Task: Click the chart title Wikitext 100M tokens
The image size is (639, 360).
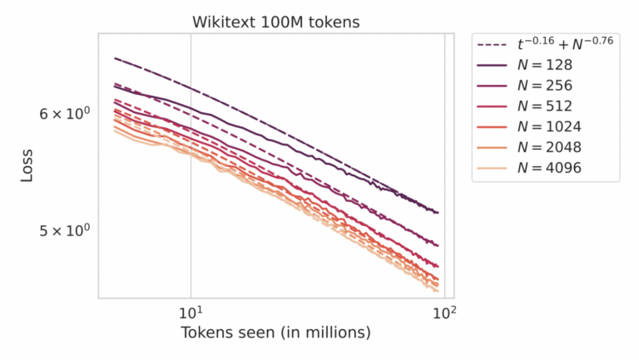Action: pos(276,22)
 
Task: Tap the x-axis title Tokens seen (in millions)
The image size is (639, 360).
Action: pos(275,333)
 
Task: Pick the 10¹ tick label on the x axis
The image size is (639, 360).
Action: pos(191,313)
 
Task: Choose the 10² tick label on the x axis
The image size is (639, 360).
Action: pos(445,313)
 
